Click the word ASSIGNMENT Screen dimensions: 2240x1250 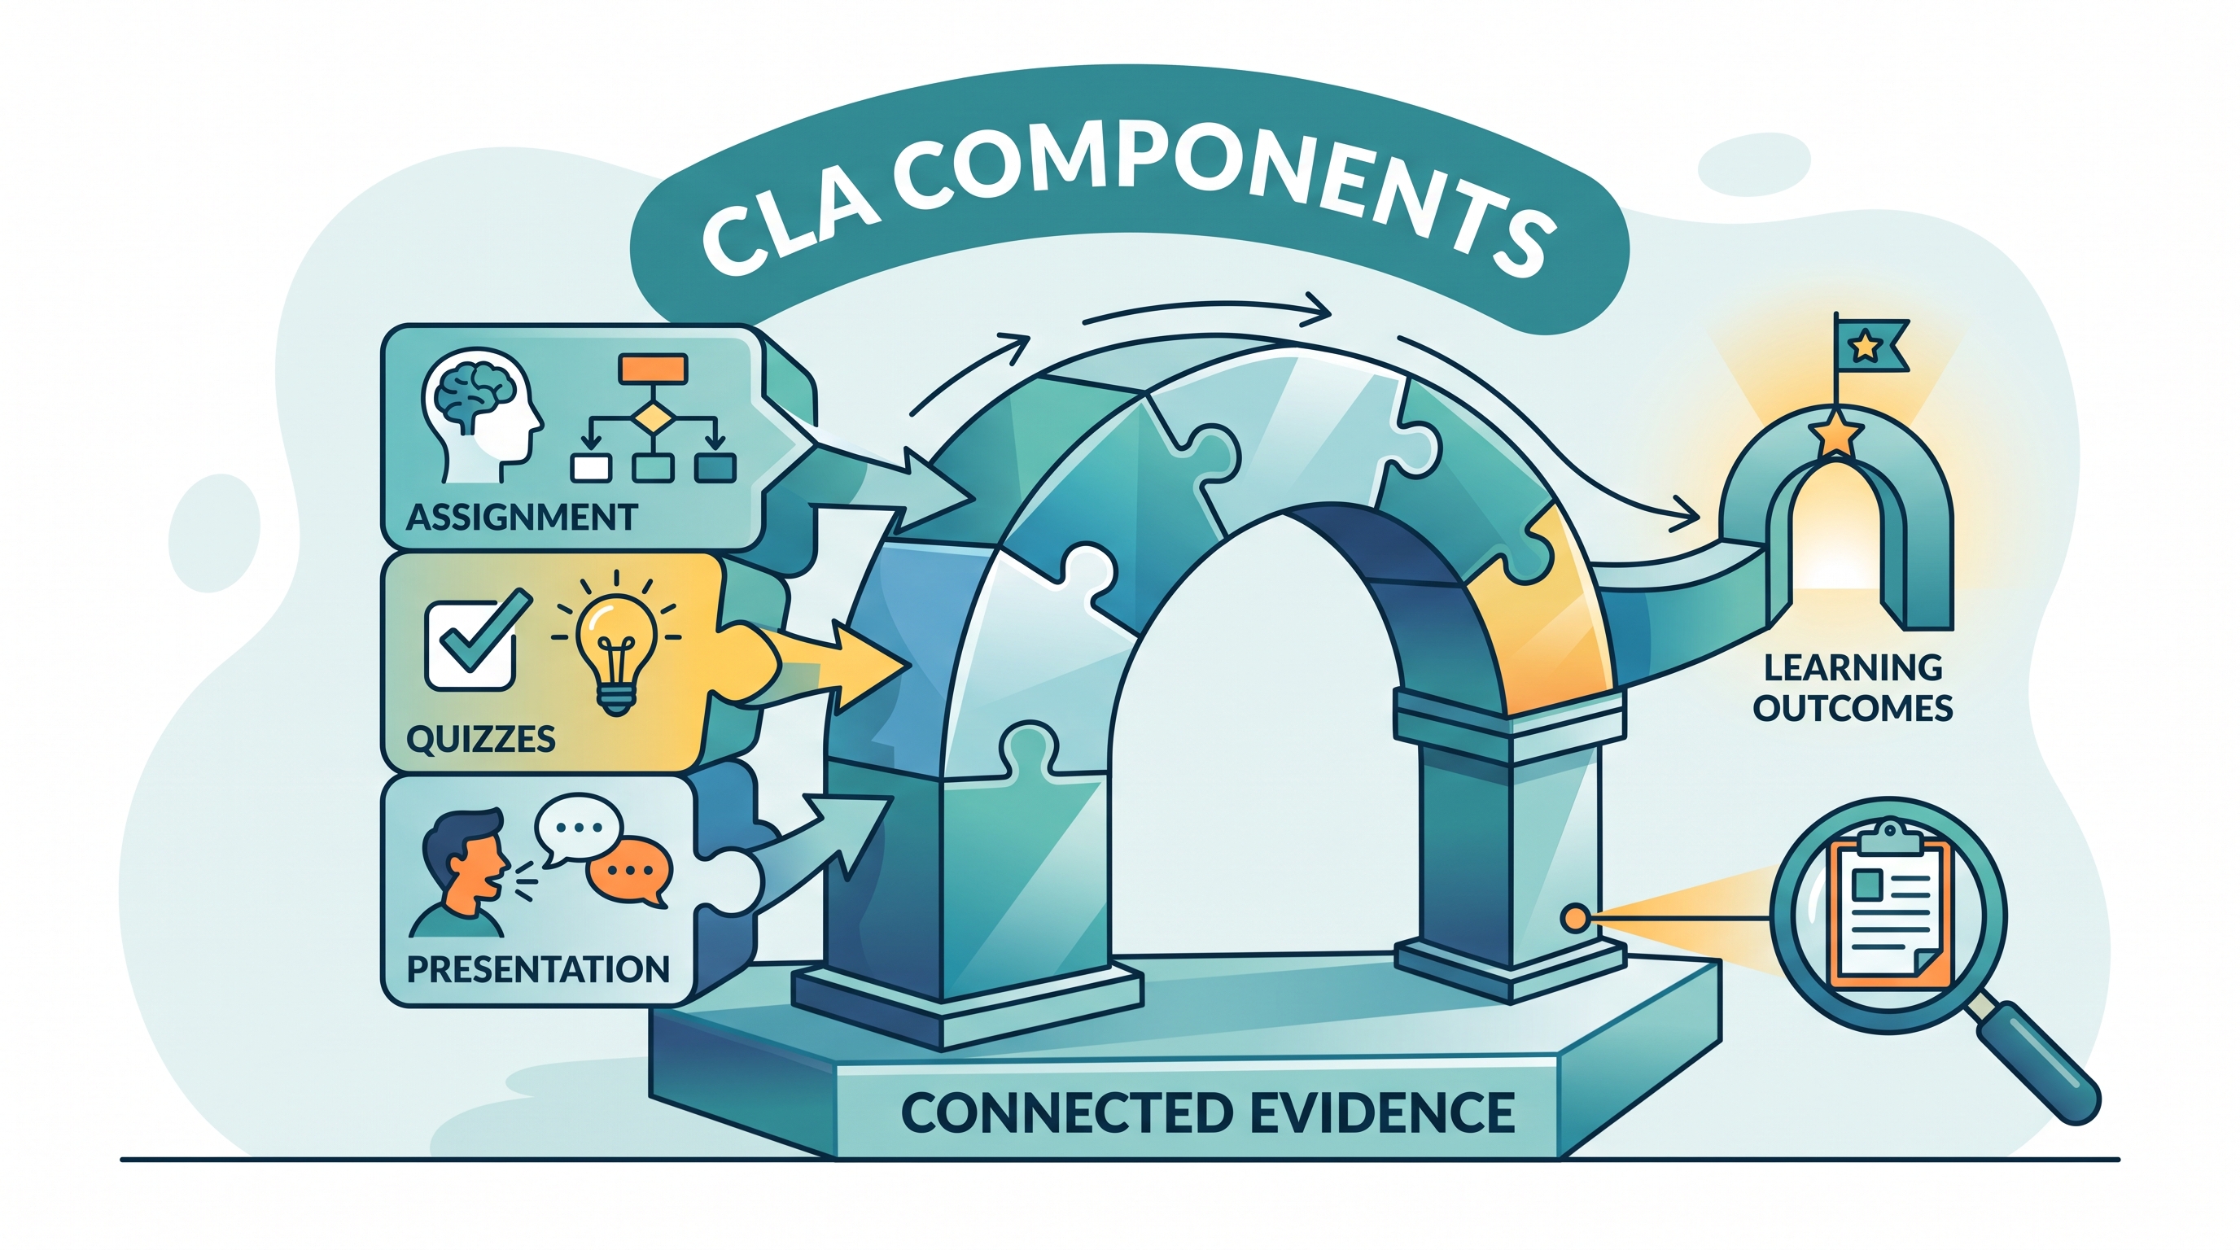522,518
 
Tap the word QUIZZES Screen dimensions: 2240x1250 481,739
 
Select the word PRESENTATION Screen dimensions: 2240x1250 538,968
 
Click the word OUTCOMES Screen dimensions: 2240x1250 1853,709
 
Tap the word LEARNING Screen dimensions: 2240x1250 1853,667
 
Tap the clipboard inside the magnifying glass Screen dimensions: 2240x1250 1889,917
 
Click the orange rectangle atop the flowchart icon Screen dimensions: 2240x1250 652,368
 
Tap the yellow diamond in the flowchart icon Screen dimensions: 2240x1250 652,421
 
